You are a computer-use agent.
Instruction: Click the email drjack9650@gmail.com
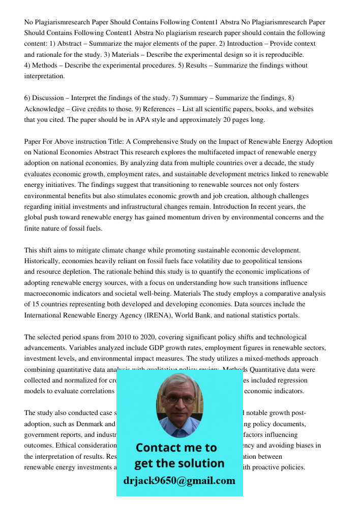pyautogui.click(x=179, y=481)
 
